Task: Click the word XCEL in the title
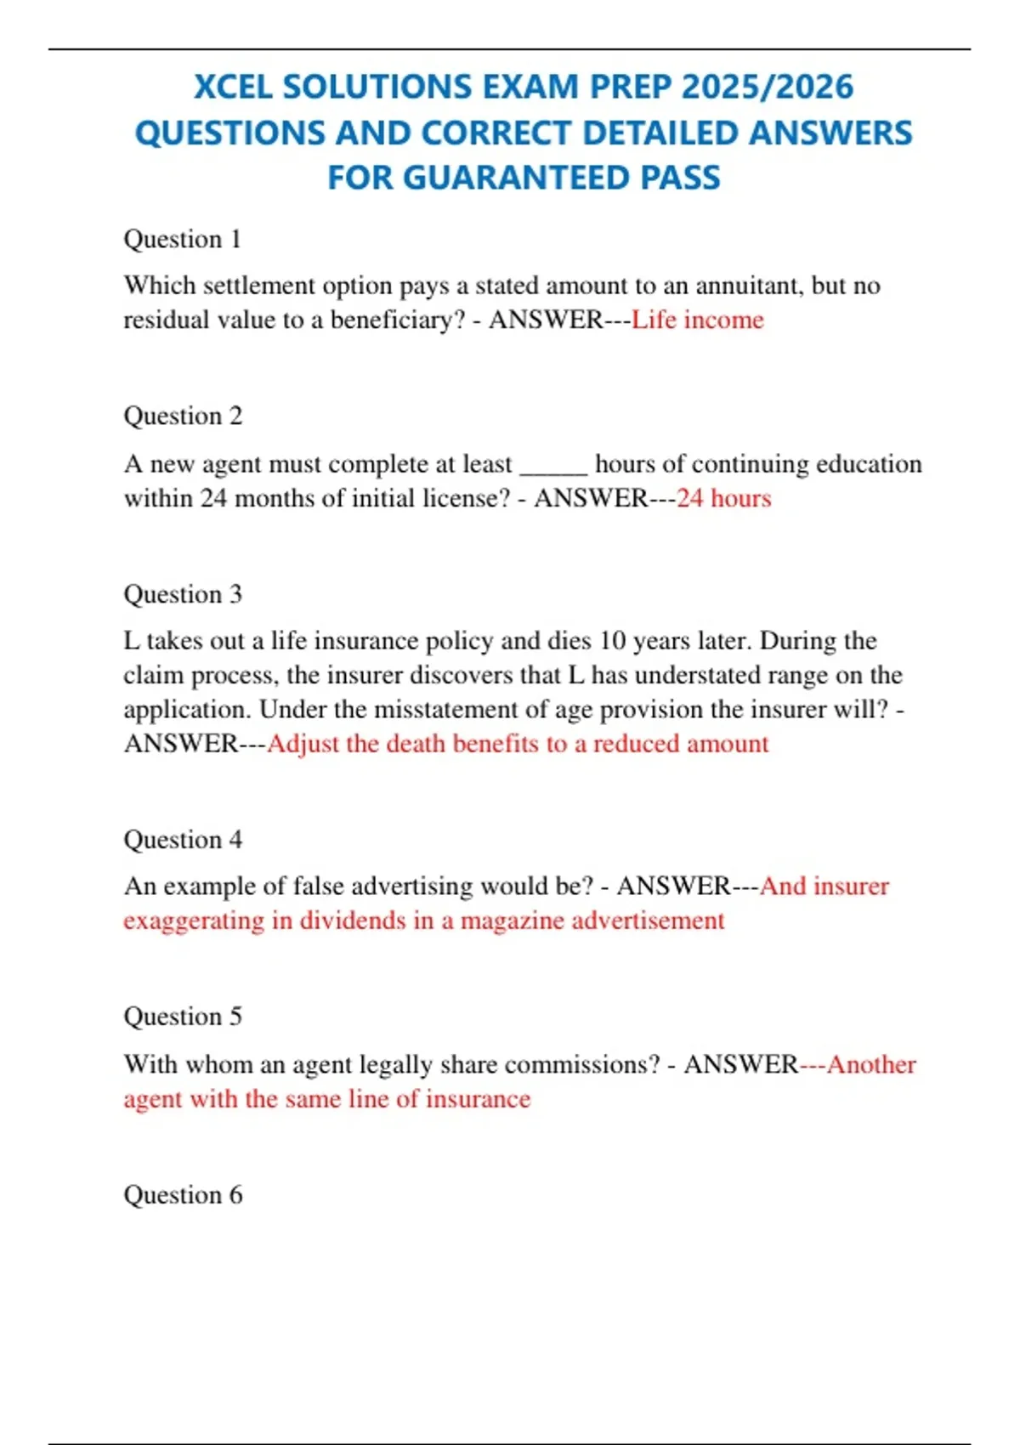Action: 232,88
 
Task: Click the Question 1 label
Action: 183,239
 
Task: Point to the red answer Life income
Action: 697,320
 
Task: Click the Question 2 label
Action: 183,416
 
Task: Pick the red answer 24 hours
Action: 723,498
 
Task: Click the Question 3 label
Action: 183,594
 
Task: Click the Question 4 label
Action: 183,840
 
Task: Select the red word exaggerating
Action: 194,921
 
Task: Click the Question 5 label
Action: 183,1017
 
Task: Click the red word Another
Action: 871,1064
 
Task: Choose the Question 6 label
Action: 183,1195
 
